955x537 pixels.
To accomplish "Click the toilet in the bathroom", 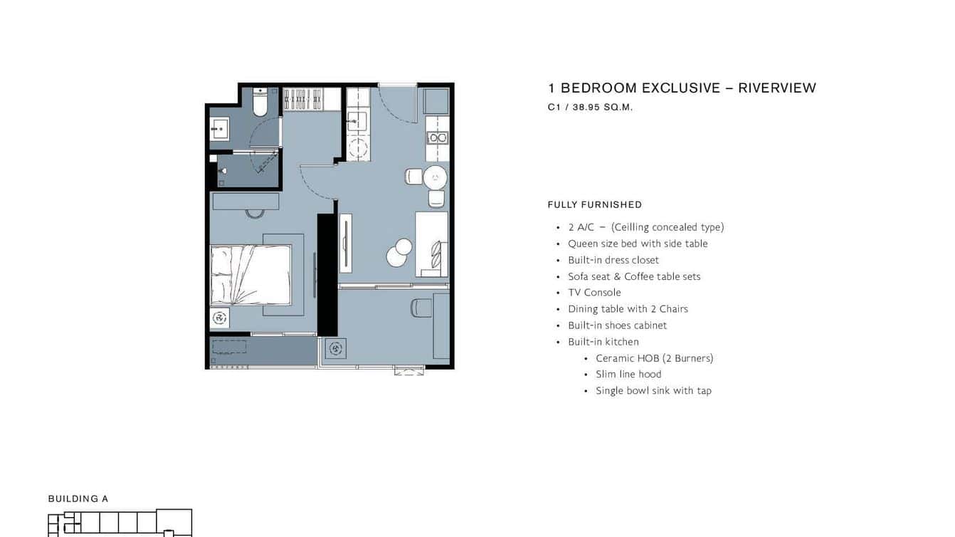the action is [x=260, y=102].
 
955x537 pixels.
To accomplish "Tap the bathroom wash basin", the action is [x=220, y=129].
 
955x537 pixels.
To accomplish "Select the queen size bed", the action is [x=251, y=275].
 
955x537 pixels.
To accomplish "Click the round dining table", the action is [x=435, y=177].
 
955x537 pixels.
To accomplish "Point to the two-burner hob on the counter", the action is [x=438, y=137].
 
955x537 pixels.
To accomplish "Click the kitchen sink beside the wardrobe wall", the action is [x=357, y=122].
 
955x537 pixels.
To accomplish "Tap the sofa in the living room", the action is [x=431, y=244].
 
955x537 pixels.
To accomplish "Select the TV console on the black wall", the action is [x=346, y=243].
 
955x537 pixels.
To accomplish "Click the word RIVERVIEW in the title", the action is [x=777, y=88].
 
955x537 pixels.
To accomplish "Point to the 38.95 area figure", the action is [x=586, y=108].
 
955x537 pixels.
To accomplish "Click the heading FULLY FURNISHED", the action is [x=595, y=204].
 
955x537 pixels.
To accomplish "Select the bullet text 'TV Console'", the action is [x=594, y=293].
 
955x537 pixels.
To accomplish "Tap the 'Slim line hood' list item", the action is [x=628, y=374].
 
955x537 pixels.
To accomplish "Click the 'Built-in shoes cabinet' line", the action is [x=618, y=325].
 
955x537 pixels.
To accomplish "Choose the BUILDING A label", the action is [x=78, y=499].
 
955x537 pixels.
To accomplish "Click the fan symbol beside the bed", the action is [x=220, y=318].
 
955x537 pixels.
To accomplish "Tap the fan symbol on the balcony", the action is [x=335, y=349].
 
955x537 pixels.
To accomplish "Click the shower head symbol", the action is [x=223, y=171].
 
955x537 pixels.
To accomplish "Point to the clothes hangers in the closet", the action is [x=303, y=100].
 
